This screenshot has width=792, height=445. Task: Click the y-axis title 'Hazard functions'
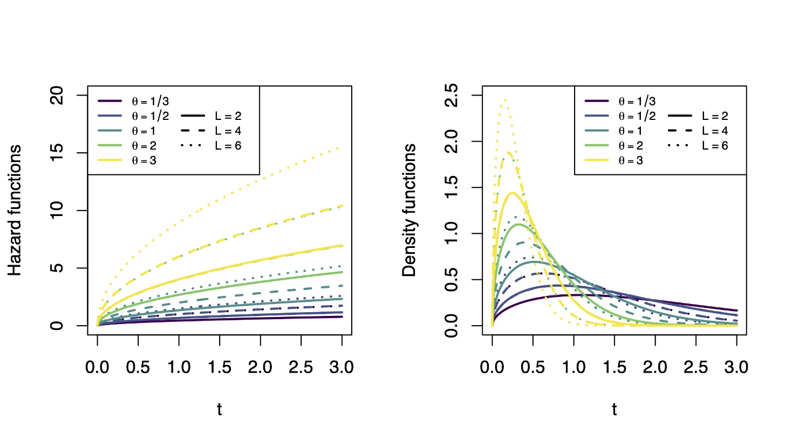pos(15,210)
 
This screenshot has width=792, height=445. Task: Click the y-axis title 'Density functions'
pos(410,210)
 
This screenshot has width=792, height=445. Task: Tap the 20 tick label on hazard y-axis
pos(57,96)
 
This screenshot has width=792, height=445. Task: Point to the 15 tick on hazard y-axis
pos(57,153)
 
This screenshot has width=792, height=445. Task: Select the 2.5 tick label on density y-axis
pos(452,96)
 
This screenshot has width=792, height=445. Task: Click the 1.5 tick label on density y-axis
pos(452,187)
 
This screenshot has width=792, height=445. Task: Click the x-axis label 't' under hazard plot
pos(219,410)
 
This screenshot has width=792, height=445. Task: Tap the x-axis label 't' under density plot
pos(614,410)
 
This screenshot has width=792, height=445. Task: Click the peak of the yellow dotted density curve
pos(504,100)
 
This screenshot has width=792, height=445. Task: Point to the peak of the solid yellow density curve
pos(511,193)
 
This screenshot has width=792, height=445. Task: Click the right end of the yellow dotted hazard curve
pos(342,147)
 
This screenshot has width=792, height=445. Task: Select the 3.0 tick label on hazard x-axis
pos(342,368)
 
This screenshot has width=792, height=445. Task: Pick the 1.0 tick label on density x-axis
pos(573,368)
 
